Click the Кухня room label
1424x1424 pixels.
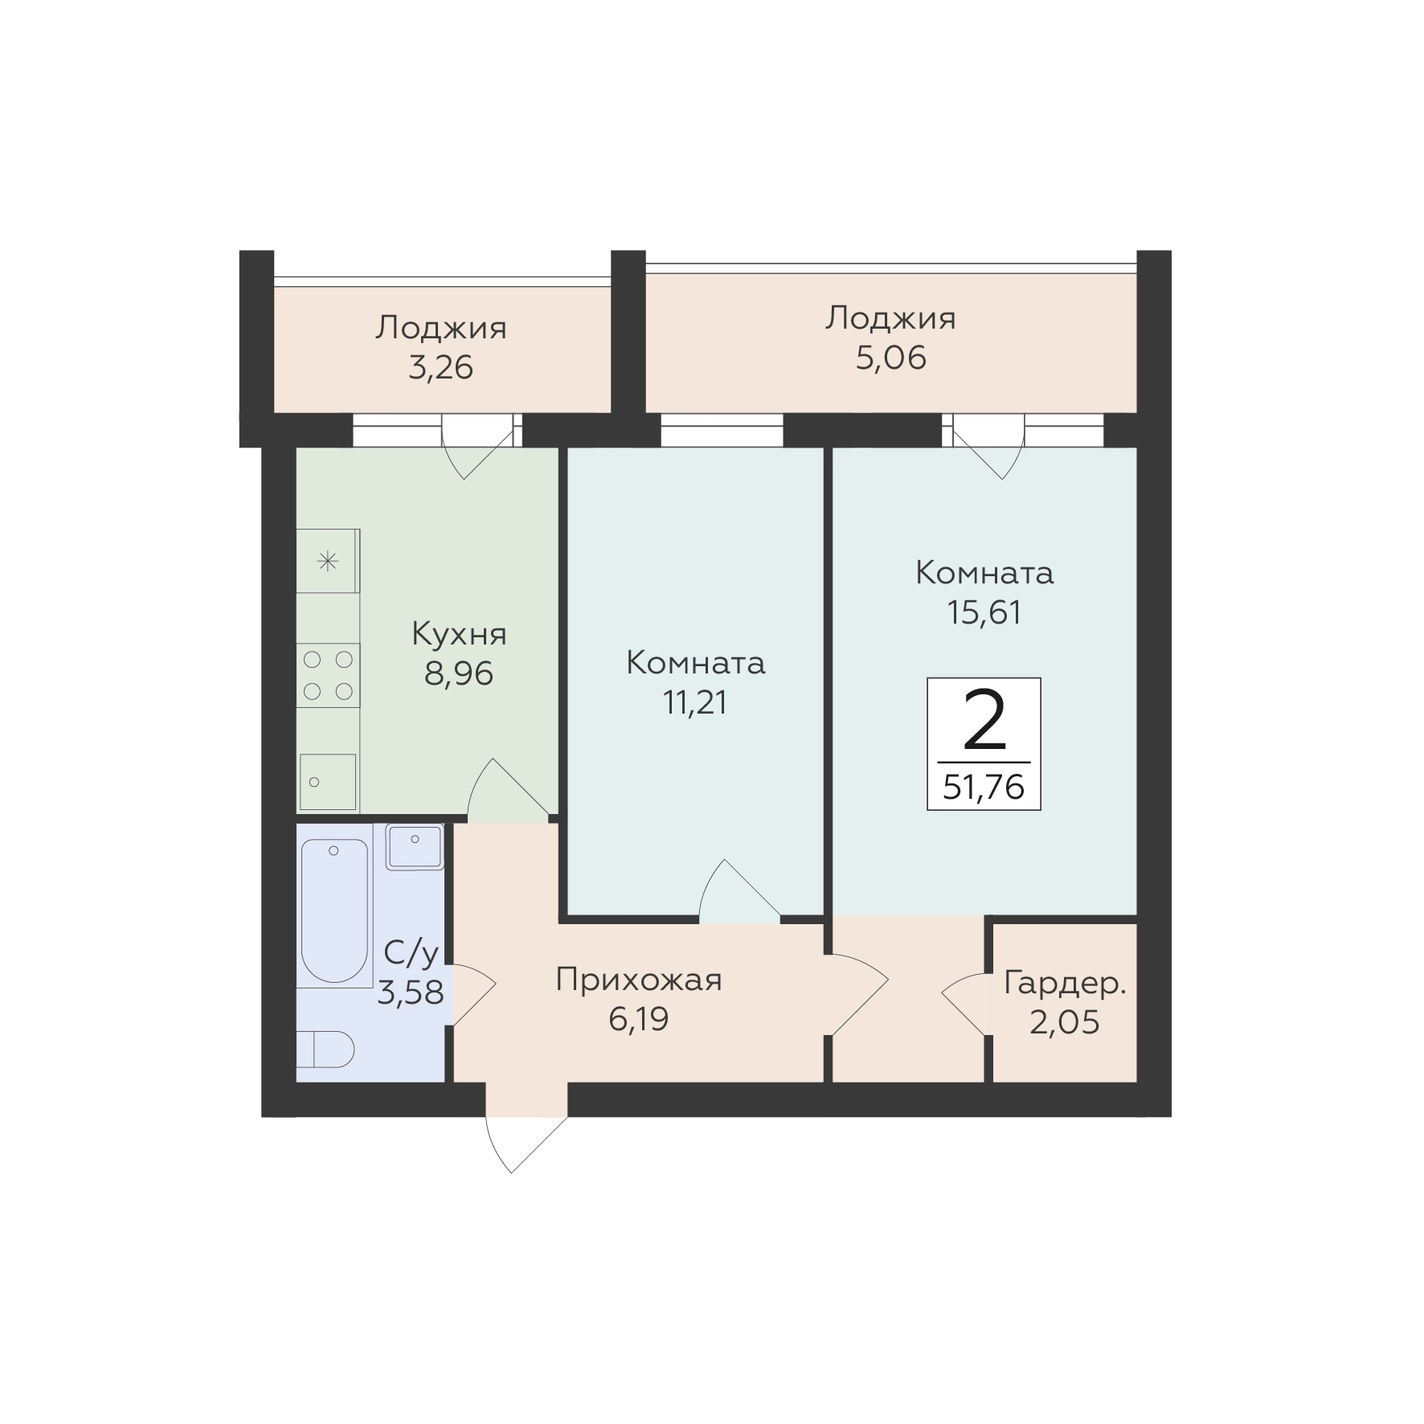459,635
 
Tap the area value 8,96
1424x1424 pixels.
459,673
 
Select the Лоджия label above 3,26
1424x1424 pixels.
441,328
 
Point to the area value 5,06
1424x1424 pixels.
891,358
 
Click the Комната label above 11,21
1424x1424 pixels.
695,663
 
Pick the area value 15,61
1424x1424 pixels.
984,612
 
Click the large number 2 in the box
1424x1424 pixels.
984,721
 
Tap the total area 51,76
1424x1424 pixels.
984,787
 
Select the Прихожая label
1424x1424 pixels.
639,980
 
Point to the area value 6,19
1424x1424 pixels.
639,1019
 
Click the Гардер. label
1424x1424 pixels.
1065,984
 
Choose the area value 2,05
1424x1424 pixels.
1065,1023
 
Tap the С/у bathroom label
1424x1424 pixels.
411,954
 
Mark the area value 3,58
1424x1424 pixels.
411,993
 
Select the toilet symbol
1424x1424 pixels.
325,1050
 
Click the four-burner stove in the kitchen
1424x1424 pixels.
328,675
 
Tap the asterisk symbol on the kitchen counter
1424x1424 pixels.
328,561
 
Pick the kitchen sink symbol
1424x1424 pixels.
328,782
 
